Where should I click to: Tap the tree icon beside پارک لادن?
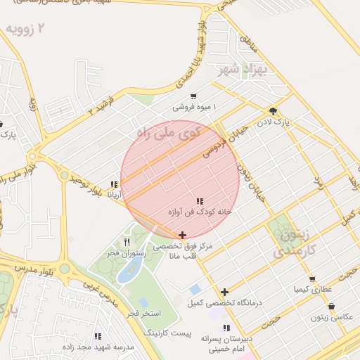(273, 111)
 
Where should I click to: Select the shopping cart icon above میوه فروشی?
(193, 96)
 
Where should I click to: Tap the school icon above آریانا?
(114, 185)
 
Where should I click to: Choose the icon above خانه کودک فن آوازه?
(200, 201)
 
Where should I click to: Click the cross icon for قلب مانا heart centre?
(183, 236)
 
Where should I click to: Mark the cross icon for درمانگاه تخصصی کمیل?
(224, 292)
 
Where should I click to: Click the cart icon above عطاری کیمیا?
(312, 278)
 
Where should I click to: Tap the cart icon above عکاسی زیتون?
(331, 307)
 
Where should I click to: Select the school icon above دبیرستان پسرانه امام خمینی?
(226, 328)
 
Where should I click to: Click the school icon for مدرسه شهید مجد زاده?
(97, 337)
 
